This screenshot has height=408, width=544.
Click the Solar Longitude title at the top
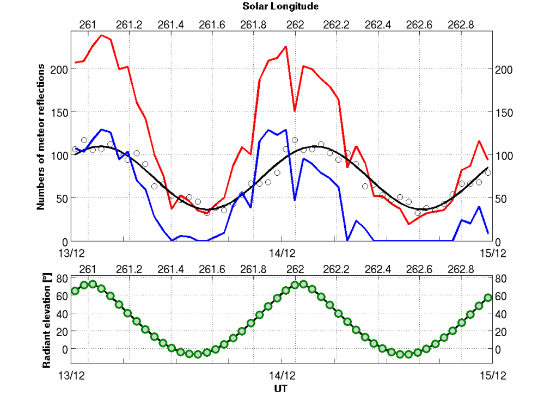(x=280, y=7)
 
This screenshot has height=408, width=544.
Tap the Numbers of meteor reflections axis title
(x=41, y=135)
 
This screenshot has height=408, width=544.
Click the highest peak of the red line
(x=102, y=35)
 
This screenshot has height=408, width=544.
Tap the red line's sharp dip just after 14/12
(x=295, y=111)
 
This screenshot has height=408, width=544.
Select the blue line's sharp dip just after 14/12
(x=295, y=200)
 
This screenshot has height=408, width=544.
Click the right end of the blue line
(x=488, y=233)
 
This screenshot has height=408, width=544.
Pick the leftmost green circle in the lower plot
(x=75, y=291)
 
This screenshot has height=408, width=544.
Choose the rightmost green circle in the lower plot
(x=488, y=298)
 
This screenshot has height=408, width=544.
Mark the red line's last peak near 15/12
(x=479, y=141)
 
